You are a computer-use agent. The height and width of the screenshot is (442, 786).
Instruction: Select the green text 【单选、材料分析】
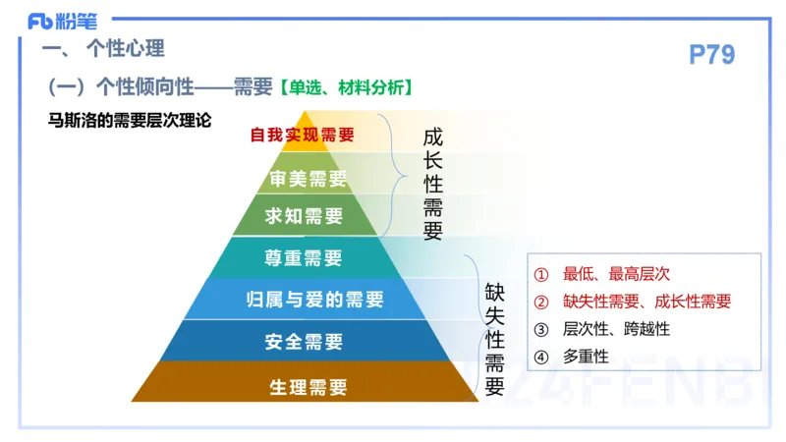(343, 87)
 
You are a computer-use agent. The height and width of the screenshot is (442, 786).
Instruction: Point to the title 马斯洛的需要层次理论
(130, 120)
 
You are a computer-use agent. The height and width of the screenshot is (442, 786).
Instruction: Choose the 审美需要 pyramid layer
(308, 179)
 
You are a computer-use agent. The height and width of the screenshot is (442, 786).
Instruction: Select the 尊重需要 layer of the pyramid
(304, 258)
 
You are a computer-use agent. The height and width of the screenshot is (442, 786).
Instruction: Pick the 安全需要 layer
(304, 342)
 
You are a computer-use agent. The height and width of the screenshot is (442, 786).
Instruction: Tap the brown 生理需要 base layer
(308, 386)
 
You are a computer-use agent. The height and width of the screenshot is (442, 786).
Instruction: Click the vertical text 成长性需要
(432, 184)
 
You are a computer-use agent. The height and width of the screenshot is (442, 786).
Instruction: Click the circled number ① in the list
(540, 274)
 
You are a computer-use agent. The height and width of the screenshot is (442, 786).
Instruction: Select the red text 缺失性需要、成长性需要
(646, 302)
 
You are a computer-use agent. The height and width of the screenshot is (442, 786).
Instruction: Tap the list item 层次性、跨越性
(616, 329)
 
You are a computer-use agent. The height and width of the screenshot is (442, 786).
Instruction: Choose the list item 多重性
(586, 357)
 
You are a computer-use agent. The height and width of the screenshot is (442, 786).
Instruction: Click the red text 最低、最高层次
(616, 274)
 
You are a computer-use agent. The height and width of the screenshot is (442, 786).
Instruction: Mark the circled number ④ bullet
(540, 357)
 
